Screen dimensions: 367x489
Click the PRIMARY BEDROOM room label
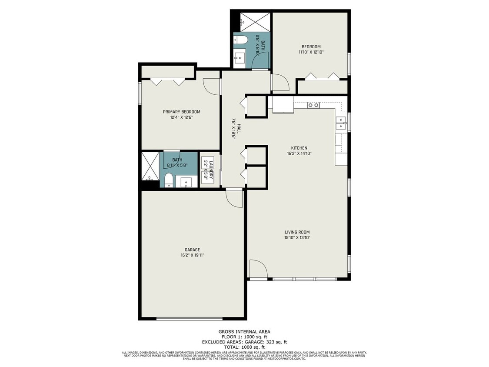point(182,112)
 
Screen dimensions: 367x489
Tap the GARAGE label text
point(192,250)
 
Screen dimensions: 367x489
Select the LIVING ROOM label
point(297,232)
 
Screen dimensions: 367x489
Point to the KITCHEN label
point(299,148)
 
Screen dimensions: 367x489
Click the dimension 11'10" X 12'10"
point(311,52)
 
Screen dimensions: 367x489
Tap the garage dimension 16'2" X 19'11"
point(192,255)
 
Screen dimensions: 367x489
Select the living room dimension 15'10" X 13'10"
point(297,238)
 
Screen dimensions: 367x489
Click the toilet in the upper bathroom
point(241,40)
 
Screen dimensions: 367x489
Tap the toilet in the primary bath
point(169,180)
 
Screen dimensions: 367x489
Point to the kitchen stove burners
point(313,105)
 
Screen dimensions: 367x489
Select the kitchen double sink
point(341,123)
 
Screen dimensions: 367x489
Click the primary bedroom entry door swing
point(211,86)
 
